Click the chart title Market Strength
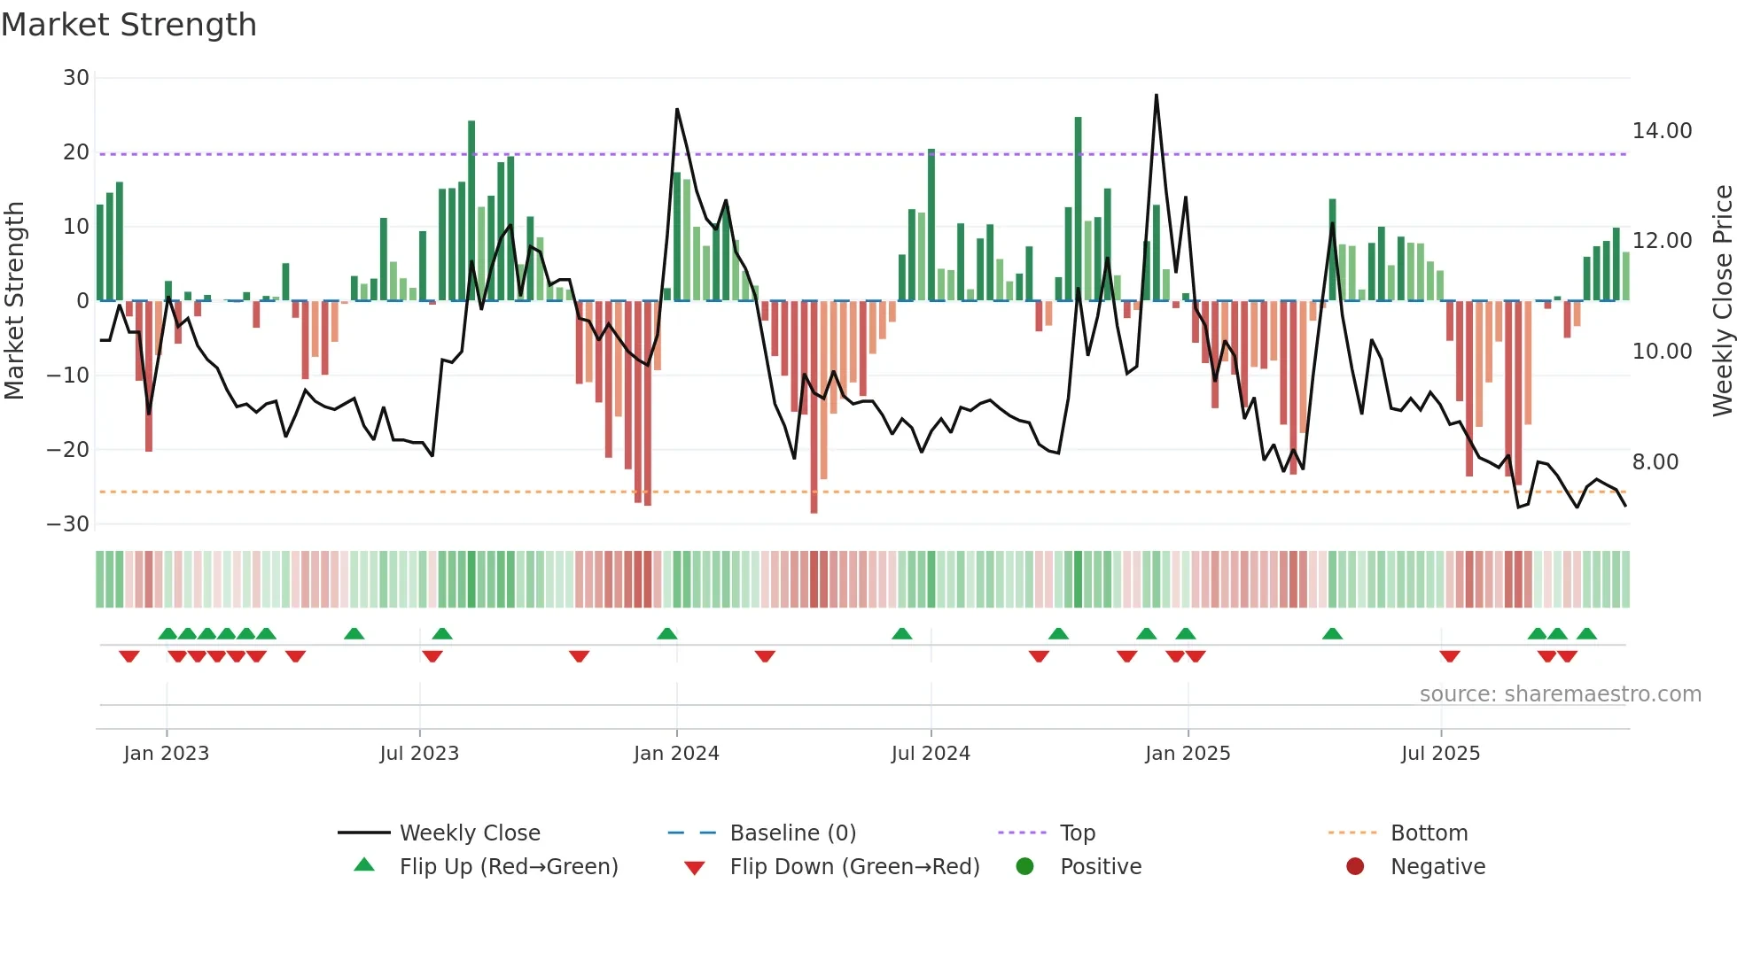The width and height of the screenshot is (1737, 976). click(129, 25)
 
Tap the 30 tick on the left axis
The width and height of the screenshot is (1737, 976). click(76, 78)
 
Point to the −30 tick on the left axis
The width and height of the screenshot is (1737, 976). click(69, 524)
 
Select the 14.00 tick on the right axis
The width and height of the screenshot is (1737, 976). click(1662, 131)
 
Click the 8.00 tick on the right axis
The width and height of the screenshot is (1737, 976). click(1655, 462)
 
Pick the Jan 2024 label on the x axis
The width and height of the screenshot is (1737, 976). click(676, 754)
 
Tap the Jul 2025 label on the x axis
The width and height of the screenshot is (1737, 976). click(1440, 754)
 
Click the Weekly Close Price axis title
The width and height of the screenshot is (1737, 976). click(1722, 301)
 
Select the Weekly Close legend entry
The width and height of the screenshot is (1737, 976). click(469, 833)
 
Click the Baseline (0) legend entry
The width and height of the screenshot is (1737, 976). click(792, 833)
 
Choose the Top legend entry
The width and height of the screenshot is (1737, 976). click(1077, 833)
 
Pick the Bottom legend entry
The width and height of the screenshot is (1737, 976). click(1429, 833)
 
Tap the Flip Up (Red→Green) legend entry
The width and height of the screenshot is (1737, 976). click(508, 867)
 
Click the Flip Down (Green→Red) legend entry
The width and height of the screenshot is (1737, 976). click(854, 867)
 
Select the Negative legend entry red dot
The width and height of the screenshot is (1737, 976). click(1355, 867)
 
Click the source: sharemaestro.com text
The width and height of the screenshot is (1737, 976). click(1560, 694)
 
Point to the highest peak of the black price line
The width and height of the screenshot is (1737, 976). click(1157, 96)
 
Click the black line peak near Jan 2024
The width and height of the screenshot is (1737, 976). click(677, 110)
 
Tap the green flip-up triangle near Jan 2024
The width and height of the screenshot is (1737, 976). click(667, 633)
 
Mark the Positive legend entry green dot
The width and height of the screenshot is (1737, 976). click(1025, 867)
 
